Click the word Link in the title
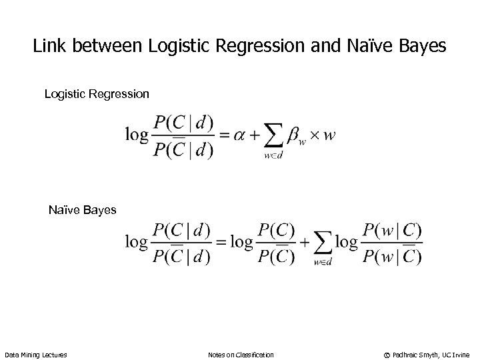[48, 48]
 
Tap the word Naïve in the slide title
[363, 48]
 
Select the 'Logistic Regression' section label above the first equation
[97, 94]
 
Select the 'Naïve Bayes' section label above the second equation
[83, 210]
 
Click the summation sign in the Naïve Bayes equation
[323, 243]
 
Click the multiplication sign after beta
[315, 135]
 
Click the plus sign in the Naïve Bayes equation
[305, 242]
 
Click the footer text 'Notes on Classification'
[241, 353]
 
